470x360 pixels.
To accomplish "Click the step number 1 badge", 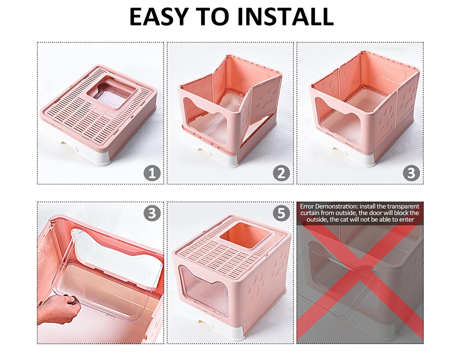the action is [152, 173].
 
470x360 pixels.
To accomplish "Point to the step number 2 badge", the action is [281, 173].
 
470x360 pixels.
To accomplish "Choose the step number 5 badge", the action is [281, 213].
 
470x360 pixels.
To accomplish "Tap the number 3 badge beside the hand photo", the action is [152, 213].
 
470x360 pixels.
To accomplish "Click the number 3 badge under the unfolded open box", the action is [411, 173].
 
